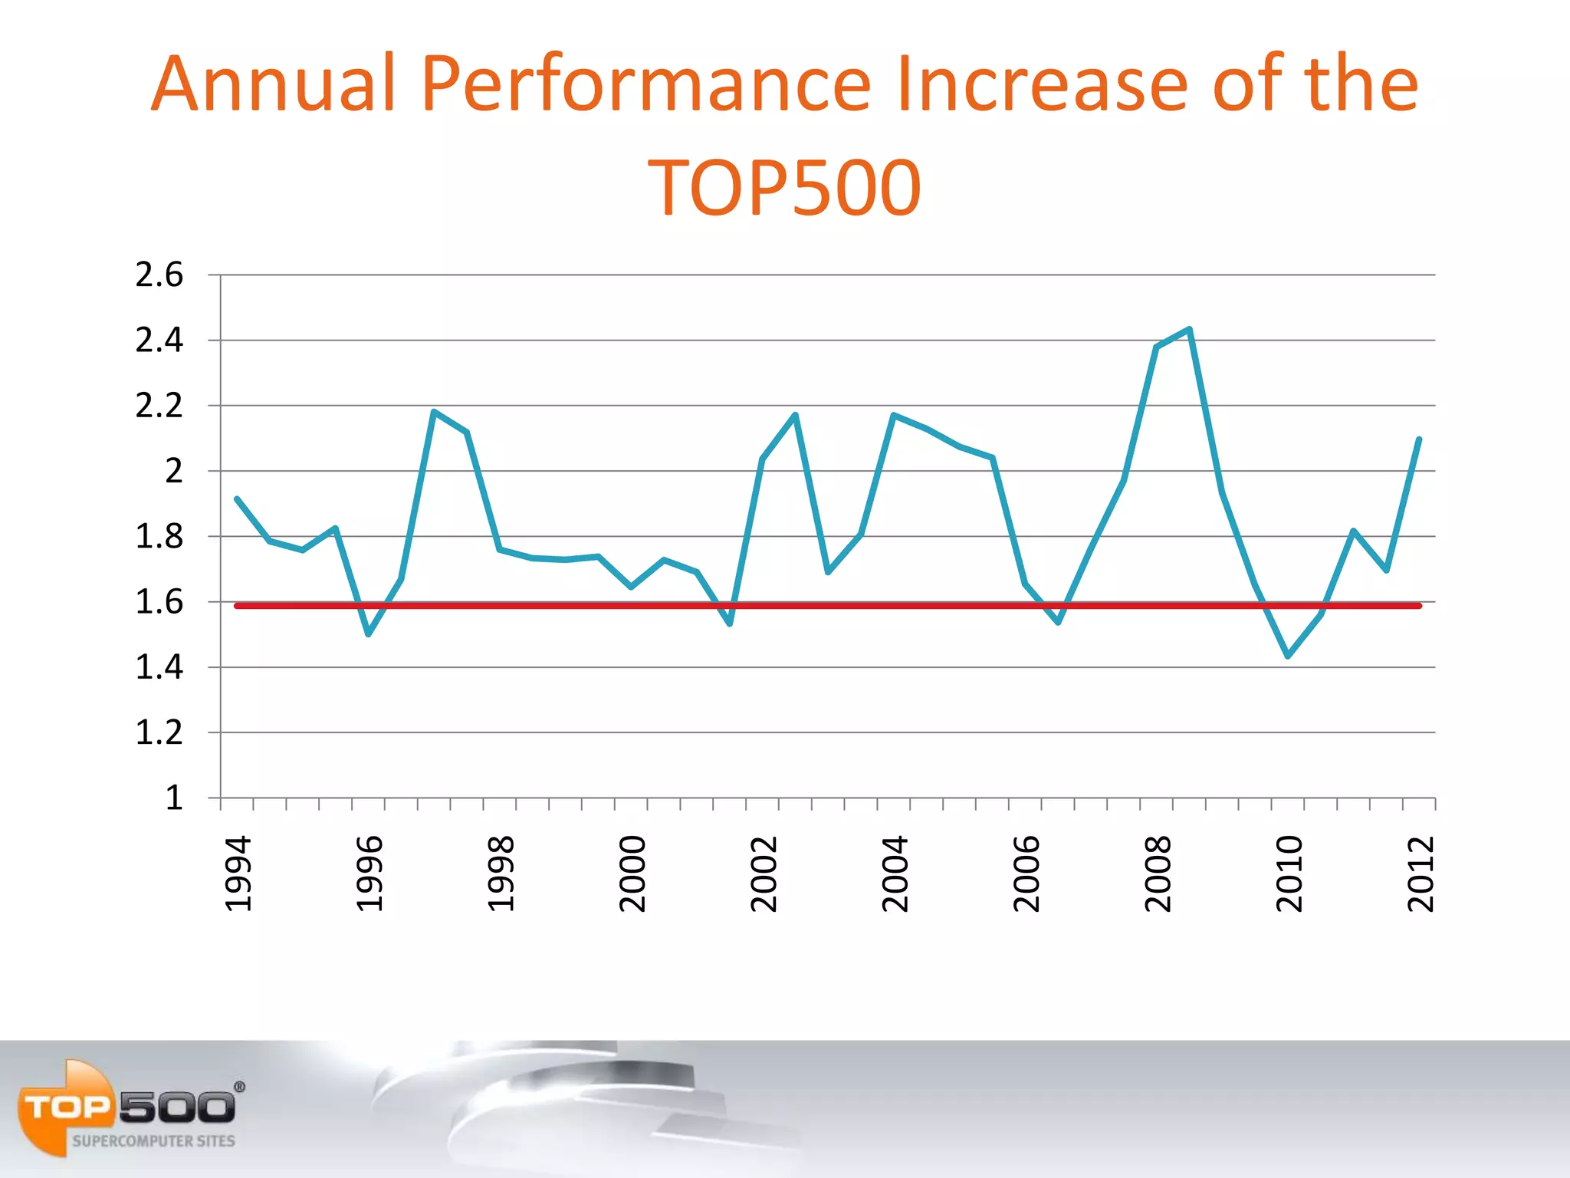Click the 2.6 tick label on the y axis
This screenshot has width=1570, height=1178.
pyautogui.click(x=159, y=275)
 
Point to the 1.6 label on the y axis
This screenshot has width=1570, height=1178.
pyautogui.click(x=159, y=602)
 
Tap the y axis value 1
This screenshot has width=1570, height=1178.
pyautogui.click(x=174, y=798)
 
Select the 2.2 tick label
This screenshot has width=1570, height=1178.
pyautogui.click(x=159, y=406)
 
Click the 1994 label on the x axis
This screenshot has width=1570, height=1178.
pyautogui.click(x=238, y=874)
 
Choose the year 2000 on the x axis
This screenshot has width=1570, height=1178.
pyautogui.click(x=632, y=874)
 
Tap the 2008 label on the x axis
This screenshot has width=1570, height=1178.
pyautogui.click(x=1158, y=874)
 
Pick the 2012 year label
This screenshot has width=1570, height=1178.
pyautogui.click(x=1421, y=874)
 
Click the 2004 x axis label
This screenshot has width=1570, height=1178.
pyautogui.click(x=895, y=874)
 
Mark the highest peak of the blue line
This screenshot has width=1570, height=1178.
pyautogui.click(x=1189, y=330)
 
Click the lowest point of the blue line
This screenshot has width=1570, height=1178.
pyautogui.click(x=1288, y=656)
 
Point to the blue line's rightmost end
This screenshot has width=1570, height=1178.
pyautogui.click(x=1419, y=439)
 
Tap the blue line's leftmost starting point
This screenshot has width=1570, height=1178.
pyautogui.click(x=237, y=499)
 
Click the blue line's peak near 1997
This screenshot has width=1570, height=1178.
pyautogui.click(x=434, y=412)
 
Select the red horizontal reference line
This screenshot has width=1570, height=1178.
pyautogui.click(x=843, y=606)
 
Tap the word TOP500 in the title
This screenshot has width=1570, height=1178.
pyautogui.click(x=784, y=187)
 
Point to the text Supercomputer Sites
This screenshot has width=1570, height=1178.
pyautogui.click(x=153, y=1141)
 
